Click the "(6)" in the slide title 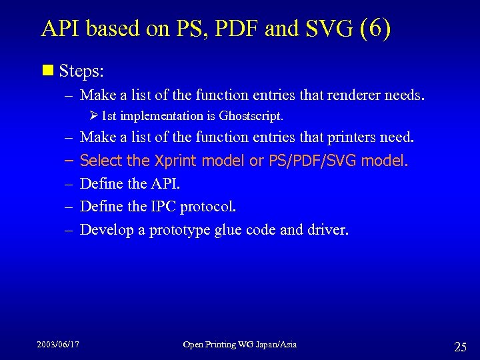(x=375, y=29)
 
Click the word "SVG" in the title (x=329, y=29)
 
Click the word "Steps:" (x=81, y=70)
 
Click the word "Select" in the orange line (x=101, y=161)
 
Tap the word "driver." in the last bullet (x=327, y=230)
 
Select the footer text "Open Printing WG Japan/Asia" (x=240, y=344)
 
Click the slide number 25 (x=460, y=346)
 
